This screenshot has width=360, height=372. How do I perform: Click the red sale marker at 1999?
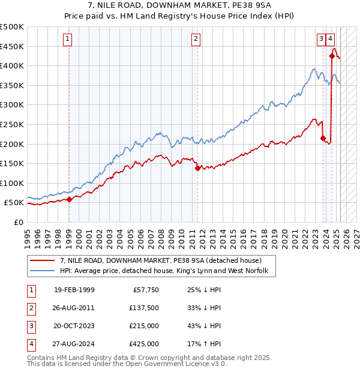pos(69,199)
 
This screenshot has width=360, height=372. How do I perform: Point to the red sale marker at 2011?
pos(197,168)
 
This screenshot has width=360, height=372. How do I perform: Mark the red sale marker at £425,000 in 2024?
pos(332,56)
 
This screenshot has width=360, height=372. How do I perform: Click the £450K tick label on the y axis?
pos(12,46)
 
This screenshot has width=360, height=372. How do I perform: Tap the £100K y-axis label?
pos(12,183)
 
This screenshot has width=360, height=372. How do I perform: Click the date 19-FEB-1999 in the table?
pos(74,290)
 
